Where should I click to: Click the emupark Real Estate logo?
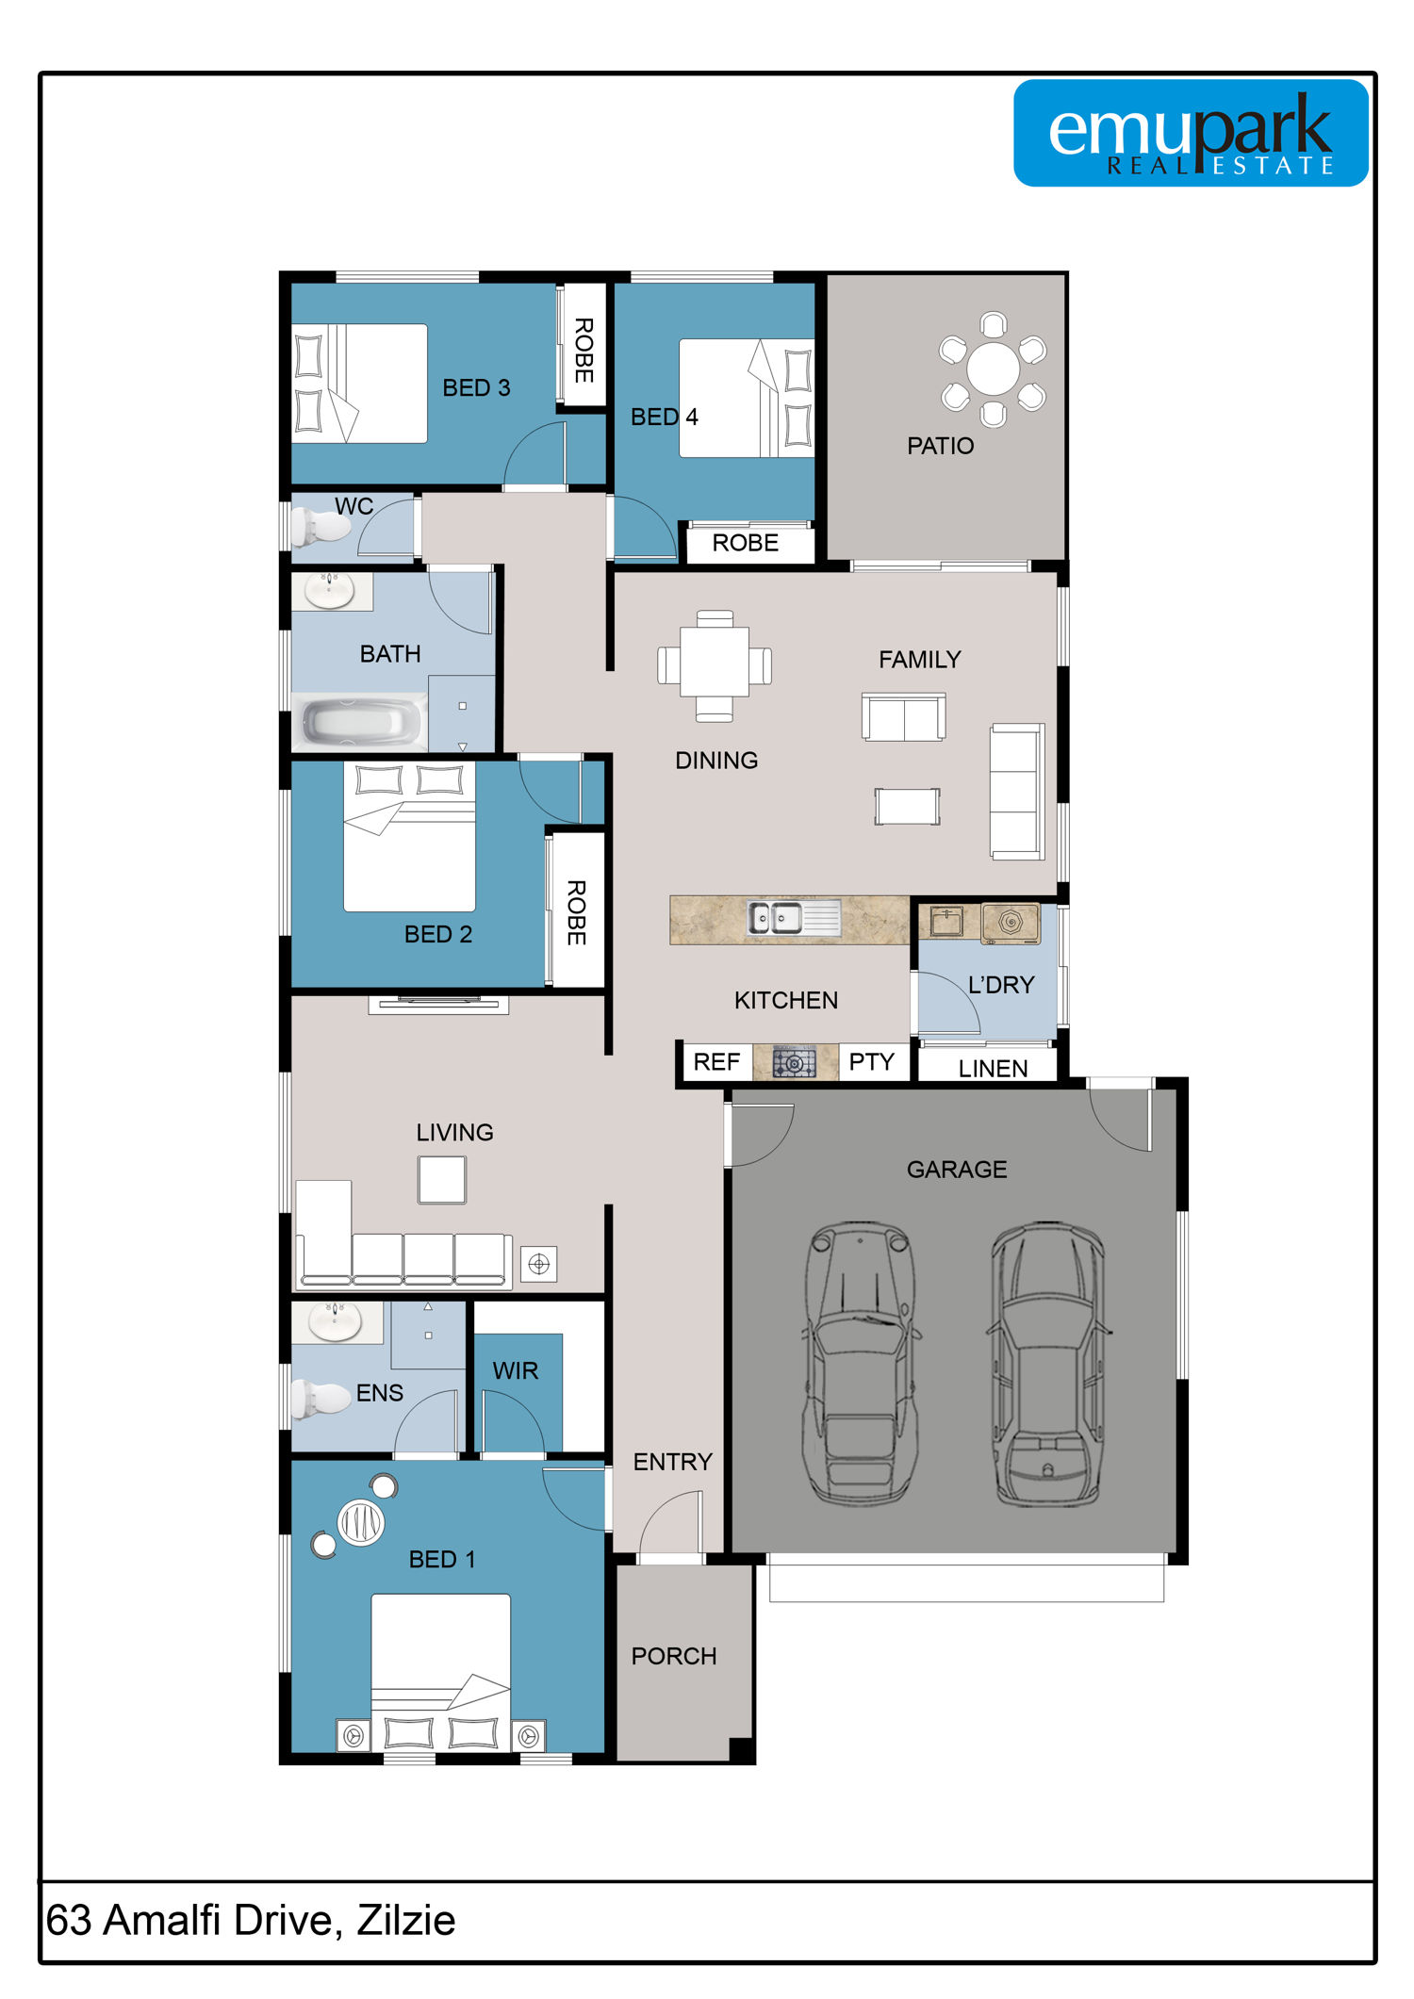(1191, 133)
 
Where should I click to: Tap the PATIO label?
(940, 446)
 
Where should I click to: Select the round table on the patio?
(993, 369)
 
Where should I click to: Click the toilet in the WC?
(319, 526)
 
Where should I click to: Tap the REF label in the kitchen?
(716, 1062)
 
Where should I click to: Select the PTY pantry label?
(871, 1062)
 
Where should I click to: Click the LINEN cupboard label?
(993, 1068)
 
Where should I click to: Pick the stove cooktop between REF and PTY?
(795, 1062)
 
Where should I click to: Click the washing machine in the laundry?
(1010, 923)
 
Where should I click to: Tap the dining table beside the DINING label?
(715, 665)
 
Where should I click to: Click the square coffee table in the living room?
(442, 1180)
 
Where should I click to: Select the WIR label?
(515, 1370)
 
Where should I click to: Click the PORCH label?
(674, 1656)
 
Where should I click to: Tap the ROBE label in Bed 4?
(745, 543)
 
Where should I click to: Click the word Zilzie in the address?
(406, 1920)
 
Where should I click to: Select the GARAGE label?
(957, 1170)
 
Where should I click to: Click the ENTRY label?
(672, 1462)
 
